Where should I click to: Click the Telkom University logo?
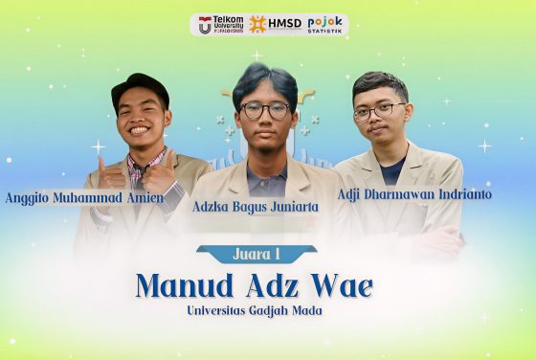click(219, 25)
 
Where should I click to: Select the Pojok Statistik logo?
click(324, 24)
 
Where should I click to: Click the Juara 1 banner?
click(256, 255)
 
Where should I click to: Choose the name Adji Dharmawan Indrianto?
click(414, 194)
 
